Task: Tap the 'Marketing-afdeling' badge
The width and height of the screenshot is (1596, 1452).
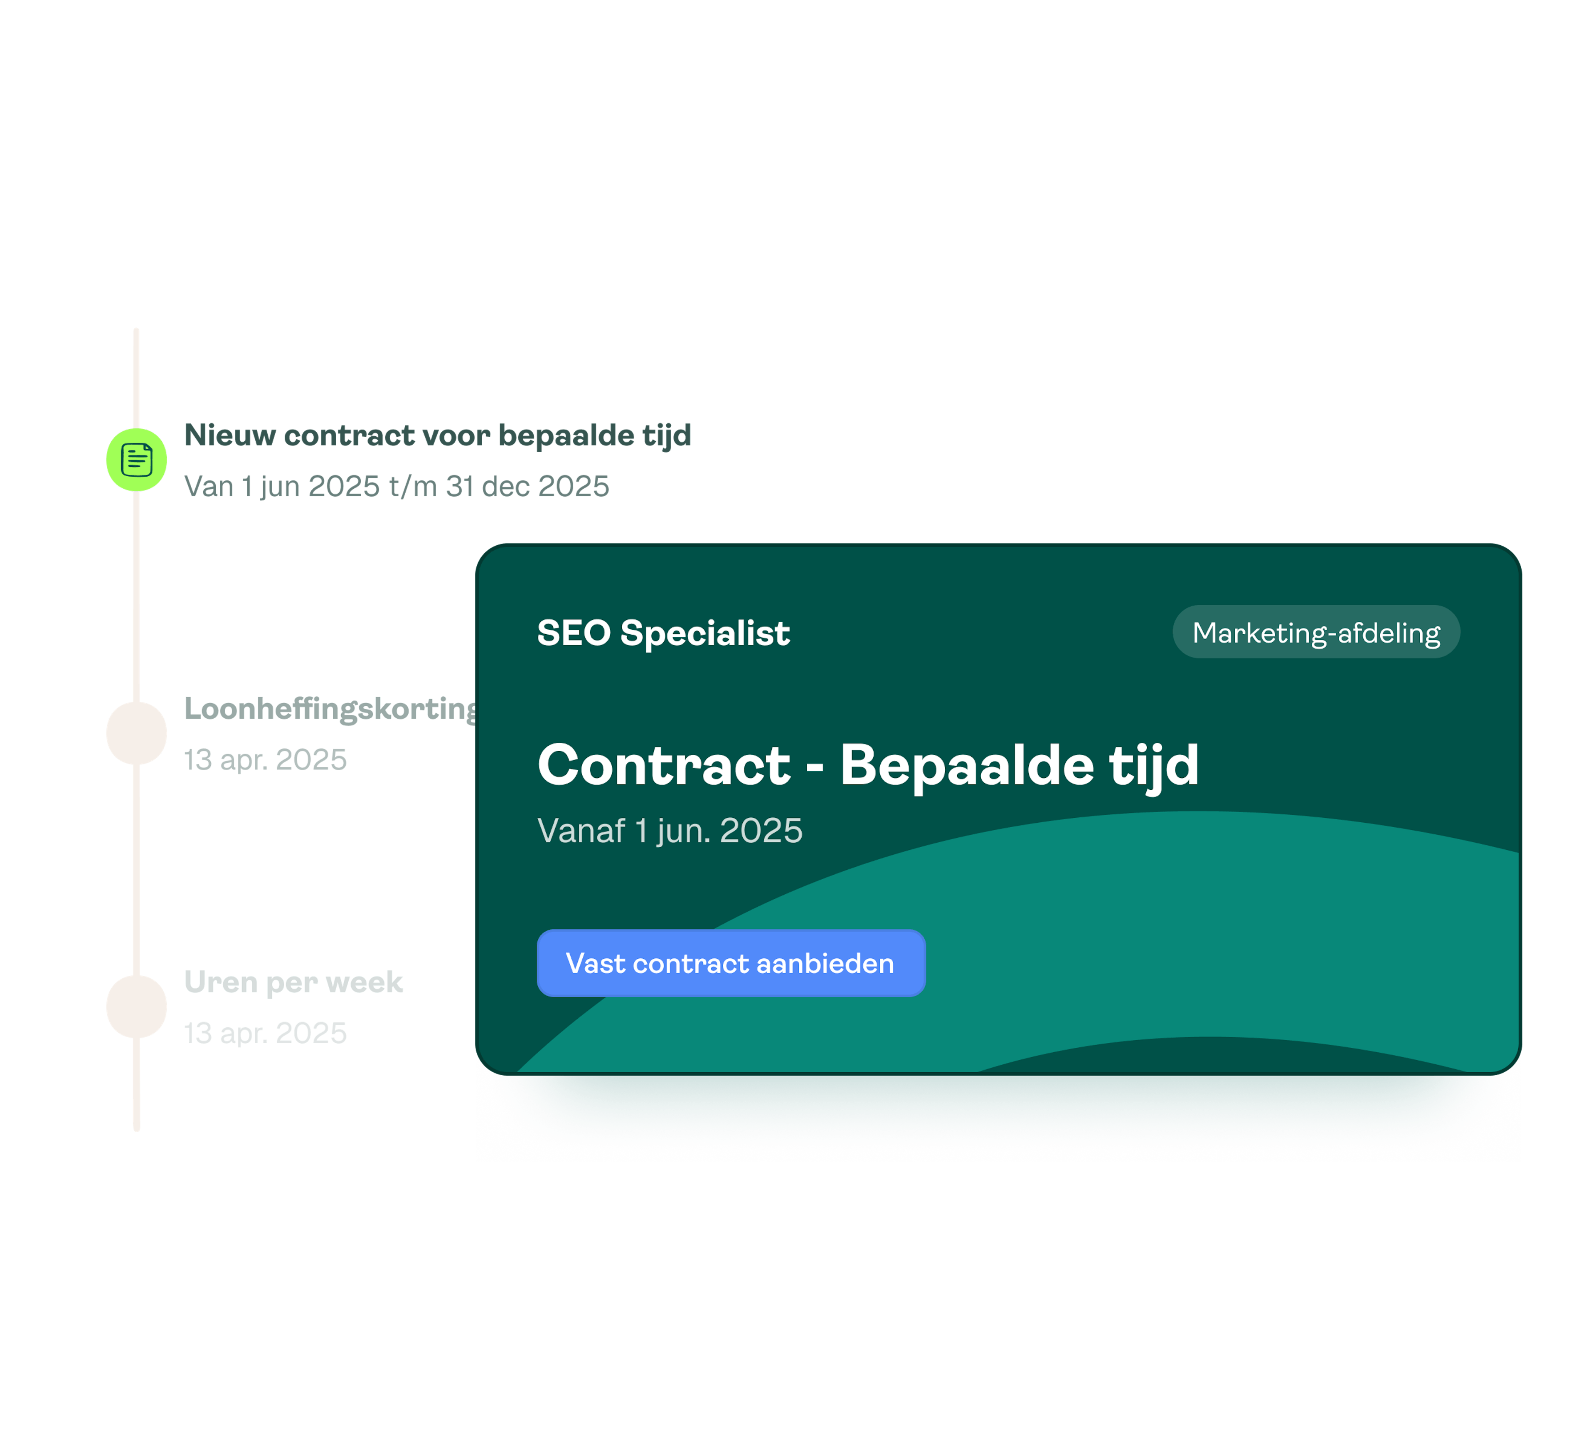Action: pyautogui.click(x=1316, y=632)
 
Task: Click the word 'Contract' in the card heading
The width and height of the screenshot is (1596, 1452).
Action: pyautogui.click(x=663, y=765)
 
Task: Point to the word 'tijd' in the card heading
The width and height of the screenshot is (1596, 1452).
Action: pyautogui.click(x=1153, y=765)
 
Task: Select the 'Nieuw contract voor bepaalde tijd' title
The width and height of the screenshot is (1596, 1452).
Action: pyautogui.click(x=437, y=435)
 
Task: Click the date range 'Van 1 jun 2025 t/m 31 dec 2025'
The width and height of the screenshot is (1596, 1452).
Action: pyautogui.click(x=396, y=485)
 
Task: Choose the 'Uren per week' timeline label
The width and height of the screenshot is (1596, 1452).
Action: pyautogui.click(x=293, y=982)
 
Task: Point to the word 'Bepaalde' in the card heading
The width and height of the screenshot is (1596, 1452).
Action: pyautogui.click(x=966, y=765)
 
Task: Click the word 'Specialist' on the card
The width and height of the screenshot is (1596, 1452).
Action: pyautogui.click(x=704, y=633)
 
